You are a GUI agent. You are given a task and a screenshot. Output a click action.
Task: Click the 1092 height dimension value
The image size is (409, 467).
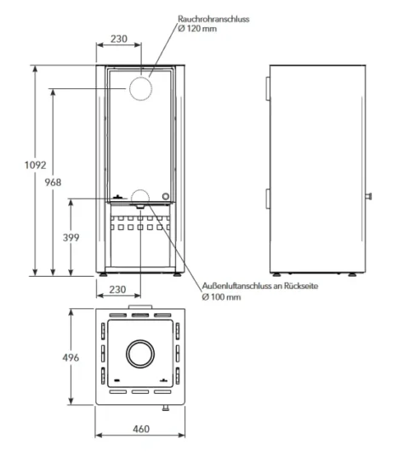pos(36,165)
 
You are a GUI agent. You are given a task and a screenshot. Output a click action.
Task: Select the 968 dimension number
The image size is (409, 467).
pos(53,183)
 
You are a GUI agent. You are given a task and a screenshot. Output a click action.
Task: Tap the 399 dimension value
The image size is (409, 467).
pos(71,238)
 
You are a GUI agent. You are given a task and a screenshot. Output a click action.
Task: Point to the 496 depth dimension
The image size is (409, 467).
pos(71,357)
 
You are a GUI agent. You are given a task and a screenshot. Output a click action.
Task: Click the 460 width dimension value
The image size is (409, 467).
pos(141,429)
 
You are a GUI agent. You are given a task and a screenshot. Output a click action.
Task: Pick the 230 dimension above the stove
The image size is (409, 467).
pos(119,39)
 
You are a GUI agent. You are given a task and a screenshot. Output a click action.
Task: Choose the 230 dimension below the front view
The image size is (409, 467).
pos(117,290)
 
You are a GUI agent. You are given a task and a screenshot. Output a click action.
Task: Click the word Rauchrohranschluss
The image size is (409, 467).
pos(213,19)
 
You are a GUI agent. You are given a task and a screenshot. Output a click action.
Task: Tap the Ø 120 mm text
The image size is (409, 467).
pos(197,29)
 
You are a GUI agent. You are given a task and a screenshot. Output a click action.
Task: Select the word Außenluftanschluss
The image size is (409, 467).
pos(241,285)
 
